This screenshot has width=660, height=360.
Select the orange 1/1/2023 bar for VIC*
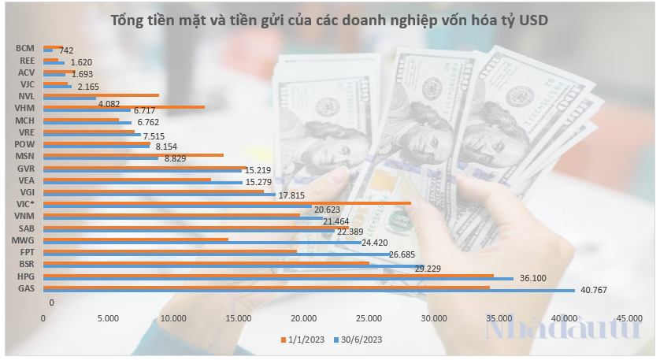coord(226,202)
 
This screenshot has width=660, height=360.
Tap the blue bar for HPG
coord(277,278)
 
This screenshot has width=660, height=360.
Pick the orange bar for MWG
coord(135,239)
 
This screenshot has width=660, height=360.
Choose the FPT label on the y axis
coord(25,252)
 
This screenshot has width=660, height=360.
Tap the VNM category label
coord(24,216)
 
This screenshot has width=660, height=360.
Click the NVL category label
coord(25,96)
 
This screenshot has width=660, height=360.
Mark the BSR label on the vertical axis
coord(25,265)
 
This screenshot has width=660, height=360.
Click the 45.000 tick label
coord(629,317)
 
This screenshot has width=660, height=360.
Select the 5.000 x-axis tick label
coord(107,317)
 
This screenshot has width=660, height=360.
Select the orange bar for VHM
coord(123,106)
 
